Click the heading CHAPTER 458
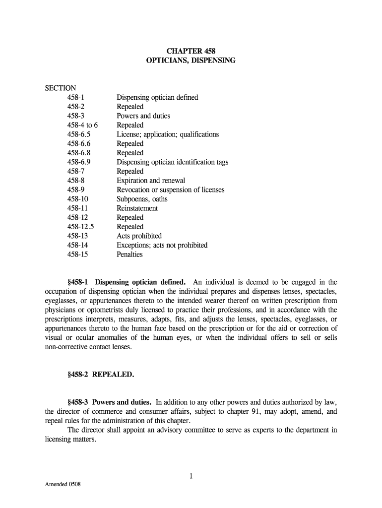point(191,51)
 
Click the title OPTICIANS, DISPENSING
point(191,61)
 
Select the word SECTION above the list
point(61,88)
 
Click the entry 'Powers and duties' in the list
point(143,116)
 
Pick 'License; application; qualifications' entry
point(167,134)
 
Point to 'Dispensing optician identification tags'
point(172,162)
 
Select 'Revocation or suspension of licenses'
point(170,190)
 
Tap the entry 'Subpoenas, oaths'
point(142,199)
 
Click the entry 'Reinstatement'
point(137,208)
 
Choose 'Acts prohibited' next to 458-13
point(139,236)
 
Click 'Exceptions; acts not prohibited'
point(162,245)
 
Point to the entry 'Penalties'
point(129,254)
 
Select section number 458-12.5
point(81,227)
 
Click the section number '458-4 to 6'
point(82,125)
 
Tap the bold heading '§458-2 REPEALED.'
point(101,375)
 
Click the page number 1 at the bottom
point(191,477)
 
